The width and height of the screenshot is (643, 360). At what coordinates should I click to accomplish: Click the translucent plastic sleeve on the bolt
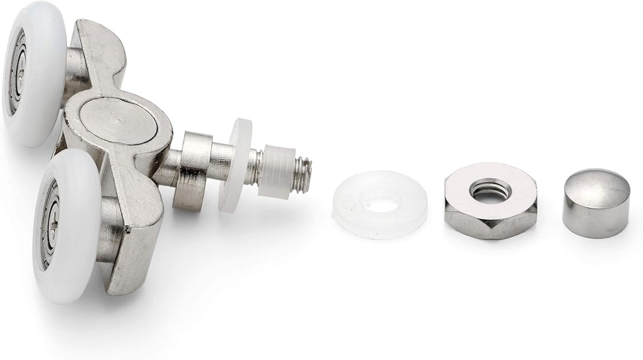(276, 172)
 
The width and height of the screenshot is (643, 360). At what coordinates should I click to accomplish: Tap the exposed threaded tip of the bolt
(303, 175)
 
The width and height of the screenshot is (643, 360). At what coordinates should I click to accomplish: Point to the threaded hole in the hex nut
(490, 189)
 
